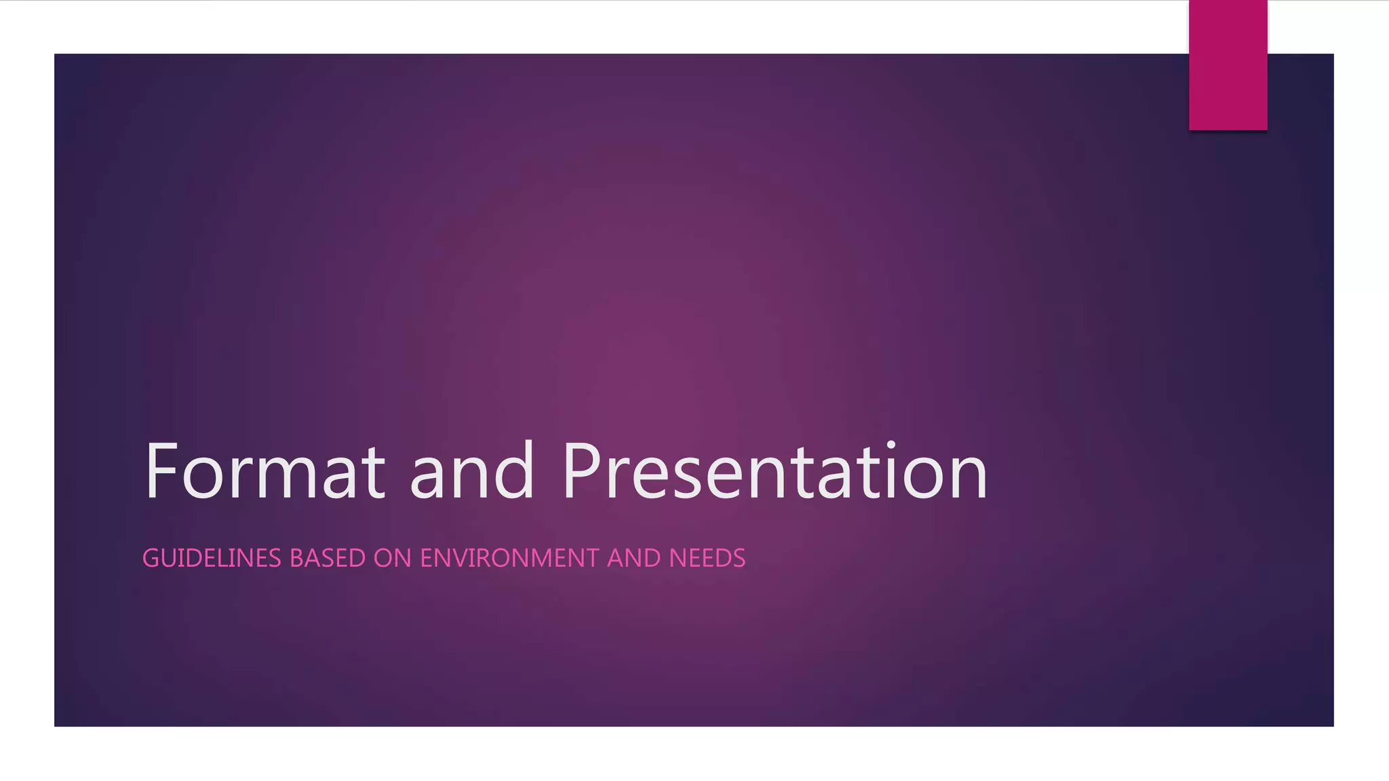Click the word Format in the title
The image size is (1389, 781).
(x=265, y=470)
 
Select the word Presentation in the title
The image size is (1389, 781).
(x=775, y=470)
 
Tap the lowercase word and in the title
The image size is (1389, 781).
(x=471, y=470)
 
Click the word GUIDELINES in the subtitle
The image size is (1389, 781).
(x=212, y=558)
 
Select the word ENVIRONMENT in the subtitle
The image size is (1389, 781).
(x=509, y=558)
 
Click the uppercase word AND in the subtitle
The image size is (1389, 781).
(x=633, y=558)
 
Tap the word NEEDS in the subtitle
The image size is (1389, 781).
(x=707, y=558)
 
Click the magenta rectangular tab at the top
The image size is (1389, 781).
(x=1228, y=65)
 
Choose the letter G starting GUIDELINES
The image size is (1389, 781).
(x=151, y=558)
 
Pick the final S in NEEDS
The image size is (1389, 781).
(x=739, y=558)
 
